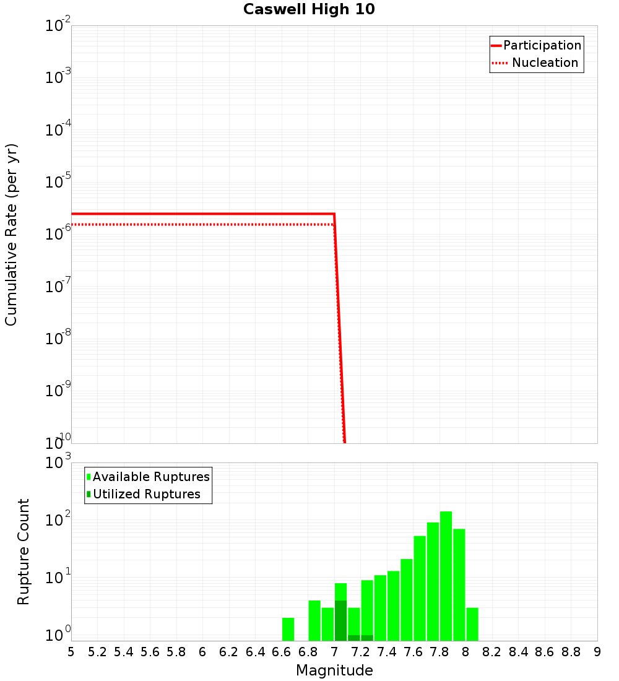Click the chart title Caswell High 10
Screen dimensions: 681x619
309,9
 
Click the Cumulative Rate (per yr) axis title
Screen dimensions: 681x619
11,234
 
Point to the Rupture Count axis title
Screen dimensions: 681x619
23,552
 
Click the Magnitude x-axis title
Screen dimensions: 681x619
334,670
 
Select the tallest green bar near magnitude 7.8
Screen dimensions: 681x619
446,576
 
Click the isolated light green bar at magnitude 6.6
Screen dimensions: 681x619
288,628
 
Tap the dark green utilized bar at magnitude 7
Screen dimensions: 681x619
340,620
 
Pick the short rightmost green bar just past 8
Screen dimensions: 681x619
472,624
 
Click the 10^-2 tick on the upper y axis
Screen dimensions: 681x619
58,26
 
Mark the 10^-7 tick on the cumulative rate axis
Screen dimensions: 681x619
58,287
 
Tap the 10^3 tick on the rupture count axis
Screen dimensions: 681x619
58,463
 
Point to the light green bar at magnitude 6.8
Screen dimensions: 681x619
314,620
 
